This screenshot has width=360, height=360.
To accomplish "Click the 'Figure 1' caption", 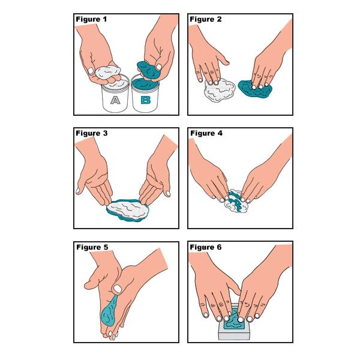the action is (x=91, y=19).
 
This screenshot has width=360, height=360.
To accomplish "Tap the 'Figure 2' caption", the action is (x=206, y=19).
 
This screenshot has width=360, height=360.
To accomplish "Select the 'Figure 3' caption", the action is (x=92, y=133).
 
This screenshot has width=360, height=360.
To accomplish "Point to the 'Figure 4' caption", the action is (x=206, y=133).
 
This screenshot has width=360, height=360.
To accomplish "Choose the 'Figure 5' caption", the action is (x=92, y=247).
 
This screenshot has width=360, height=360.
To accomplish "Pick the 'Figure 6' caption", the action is (x=206, y=247).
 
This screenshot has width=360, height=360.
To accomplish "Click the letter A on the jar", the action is (x=115, y=100).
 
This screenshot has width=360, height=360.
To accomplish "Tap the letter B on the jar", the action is (x=146, y=100).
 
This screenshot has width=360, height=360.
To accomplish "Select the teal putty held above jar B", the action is (x=148, y=70).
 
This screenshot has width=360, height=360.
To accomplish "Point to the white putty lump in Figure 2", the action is (x=219, y=90).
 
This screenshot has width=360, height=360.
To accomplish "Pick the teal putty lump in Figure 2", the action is (x=255, y=89).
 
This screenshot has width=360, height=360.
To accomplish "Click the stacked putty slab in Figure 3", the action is (x=128, y=210).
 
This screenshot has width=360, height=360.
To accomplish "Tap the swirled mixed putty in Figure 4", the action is (x=236, y=202).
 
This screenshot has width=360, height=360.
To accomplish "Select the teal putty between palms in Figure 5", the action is (x=109, y=311).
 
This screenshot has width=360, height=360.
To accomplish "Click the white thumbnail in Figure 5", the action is (x=118, y=289).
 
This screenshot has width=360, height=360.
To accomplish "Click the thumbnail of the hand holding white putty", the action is (x=91, y=71).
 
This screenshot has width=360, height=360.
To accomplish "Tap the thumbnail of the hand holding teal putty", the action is (x=159, y=67).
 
